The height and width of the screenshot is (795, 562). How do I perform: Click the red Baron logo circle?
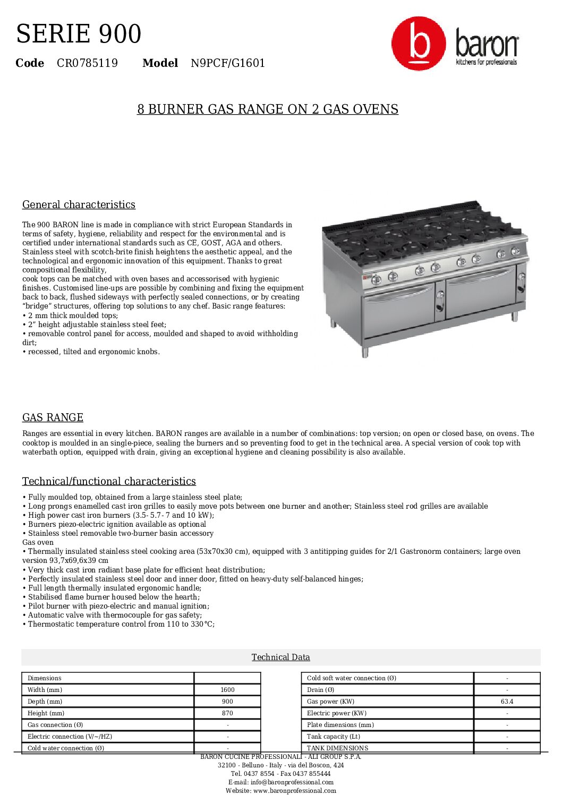(x=419, y=44)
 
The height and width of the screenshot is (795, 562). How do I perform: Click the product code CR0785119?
(x=87, y=63)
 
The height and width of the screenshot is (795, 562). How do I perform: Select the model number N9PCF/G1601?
(x=227, y=63)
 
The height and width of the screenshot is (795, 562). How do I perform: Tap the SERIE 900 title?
(x=79, y=34)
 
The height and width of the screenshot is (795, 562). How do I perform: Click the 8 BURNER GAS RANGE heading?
(x=268, y=109)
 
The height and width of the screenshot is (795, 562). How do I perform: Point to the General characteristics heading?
(x=79, y=205)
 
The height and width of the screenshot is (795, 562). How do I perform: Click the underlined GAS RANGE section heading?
(x=53, y=418)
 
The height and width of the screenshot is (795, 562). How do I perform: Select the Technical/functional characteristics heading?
(x=109, y=482)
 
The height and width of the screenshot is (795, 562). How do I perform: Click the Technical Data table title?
(x=280, y=657)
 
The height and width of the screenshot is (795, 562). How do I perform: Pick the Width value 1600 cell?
(x=227, y=690)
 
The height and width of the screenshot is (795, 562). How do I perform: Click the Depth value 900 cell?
(x=227, y=702)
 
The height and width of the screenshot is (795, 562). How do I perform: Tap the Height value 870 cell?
(x=227, y=713)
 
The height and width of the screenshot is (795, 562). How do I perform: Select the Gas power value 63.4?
(x=507, y=702)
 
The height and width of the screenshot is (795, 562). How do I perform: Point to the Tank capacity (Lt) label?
(x=333, y=737)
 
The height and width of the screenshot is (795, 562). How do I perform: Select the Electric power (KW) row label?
(x=336, y=713)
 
